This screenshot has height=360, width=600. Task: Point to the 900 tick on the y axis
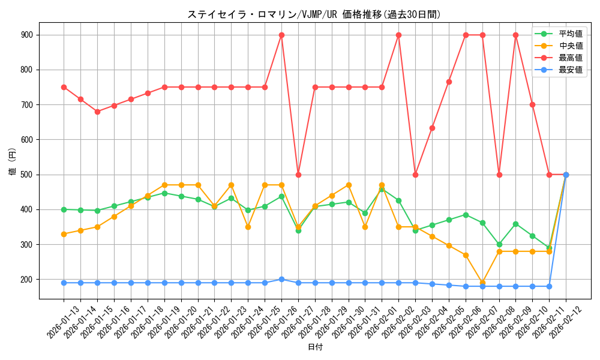tap(27, 35)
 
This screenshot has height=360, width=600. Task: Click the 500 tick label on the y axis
tap(27, 175)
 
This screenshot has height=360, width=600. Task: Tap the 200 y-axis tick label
tap(27, 280)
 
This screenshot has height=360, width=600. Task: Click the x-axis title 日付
tap(315, 347)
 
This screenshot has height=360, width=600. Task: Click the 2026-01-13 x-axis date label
tap(63, 322)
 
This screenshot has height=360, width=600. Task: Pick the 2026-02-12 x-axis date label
tap(565, 322)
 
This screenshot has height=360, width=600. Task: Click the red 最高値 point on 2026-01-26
tap(281, 35)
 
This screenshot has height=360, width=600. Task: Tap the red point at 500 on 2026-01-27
tap(298, 175)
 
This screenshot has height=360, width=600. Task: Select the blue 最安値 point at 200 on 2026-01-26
tap(281, 280)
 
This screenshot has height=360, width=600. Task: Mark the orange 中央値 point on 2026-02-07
tap(482, 283)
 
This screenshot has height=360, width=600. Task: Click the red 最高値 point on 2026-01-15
tap(97, 112)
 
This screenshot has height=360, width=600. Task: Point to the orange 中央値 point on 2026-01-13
tap(64, 234)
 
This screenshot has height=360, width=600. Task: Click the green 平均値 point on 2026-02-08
tap(499, 245)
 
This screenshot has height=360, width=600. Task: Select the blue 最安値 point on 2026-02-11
tap(549, 286)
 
